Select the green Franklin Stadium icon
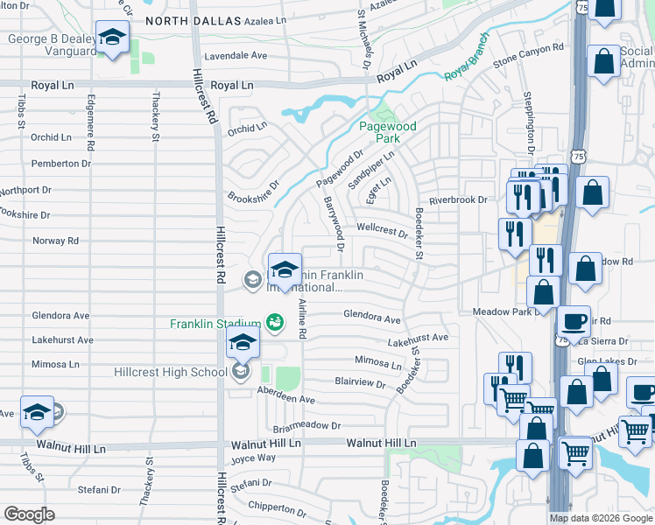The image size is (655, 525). click(x=274, y=323)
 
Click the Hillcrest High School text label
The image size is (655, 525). click(x=171, y=372)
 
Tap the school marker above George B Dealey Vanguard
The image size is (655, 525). click(x=112, y=38)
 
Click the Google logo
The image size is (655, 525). click(x=28, y=514)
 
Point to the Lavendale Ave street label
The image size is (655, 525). click(x=236, y=55)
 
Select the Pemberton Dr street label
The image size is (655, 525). click(x=60, y=163)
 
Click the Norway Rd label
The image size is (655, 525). click(x=55, y=241)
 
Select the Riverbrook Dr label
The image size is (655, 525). click(x=458, y=199)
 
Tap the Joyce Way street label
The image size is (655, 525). click(x=253, y=458)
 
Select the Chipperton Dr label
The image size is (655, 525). click(x=277, y=506)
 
